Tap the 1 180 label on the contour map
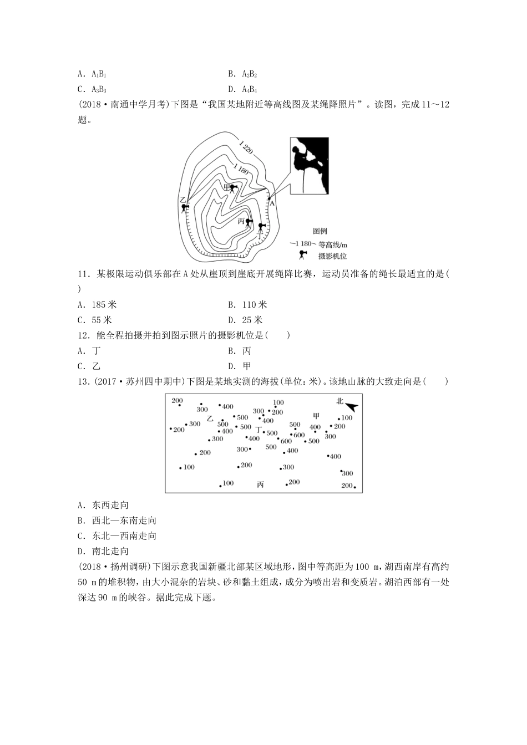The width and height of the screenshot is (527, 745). pos(241,170)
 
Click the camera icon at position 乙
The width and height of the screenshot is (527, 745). pos(185,208)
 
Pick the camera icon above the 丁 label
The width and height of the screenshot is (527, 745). pos(261,227)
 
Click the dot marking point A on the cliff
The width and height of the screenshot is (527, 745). pos(268,198)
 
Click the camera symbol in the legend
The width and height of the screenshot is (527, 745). pos(302,254)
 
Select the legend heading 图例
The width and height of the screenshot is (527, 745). pos(320,231)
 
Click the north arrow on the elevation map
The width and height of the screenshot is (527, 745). pos(351,406)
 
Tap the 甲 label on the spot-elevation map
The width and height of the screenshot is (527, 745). pos(316,416)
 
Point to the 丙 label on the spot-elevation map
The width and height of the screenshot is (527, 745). pos(261,484)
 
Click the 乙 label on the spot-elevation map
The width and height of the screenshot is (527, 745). pos(210,419)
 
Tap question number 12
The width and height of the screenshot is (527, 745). pos(84,335)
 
